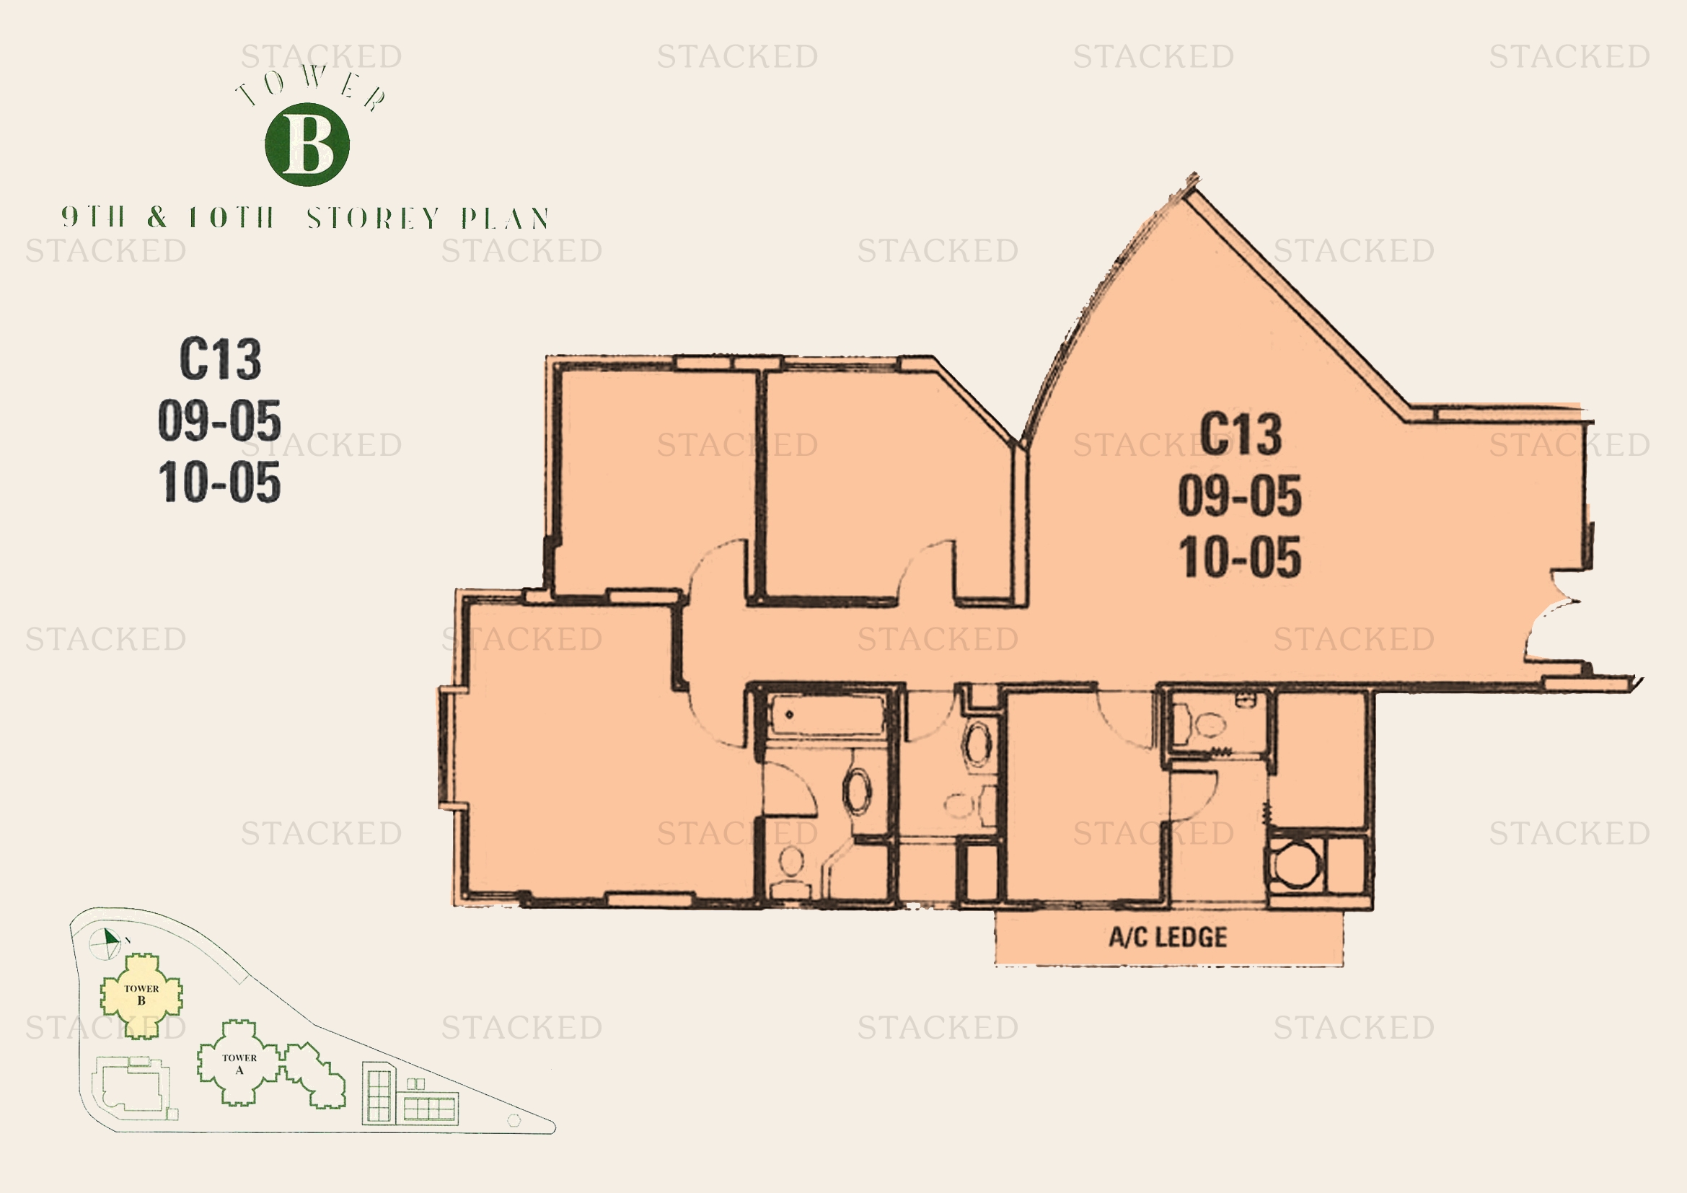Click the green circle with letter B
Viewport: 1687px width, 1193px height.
(x=307, y=144)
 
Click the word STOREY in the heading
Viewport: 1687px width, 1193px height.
(x=374, y=218)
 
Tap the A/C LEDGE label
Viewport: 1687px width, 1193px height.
(x=1168, y=938)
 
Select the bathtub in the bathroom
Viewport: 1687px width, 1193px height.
(x=826, y=716)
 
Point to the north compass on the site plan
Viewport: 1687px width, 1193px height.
(x=105, y=943)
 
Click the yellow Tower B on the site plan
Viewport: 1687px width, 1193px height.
(x=141, y=995)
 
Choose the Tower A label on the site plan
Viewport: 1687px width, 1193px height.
(x=239, y=1064)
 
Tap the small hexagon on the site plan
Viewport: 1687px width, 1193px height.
(x=514, y=1120)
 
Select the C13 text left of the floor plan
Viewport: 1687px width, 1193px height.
(x=221, y=359)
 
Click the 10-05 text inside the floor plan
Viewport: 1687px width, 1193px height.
(x=1241, y=557)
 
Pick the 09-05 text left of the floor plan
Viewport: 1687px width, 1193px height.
(x=220, y=421)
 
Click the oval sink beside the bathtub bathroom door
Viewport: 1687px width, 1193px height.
(x=857, y=791)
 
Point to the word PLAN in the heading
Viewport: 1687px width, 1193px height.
(x=506, y=218)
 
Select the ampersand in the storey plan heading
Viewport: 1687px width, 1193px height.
(x=157, y=217)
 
